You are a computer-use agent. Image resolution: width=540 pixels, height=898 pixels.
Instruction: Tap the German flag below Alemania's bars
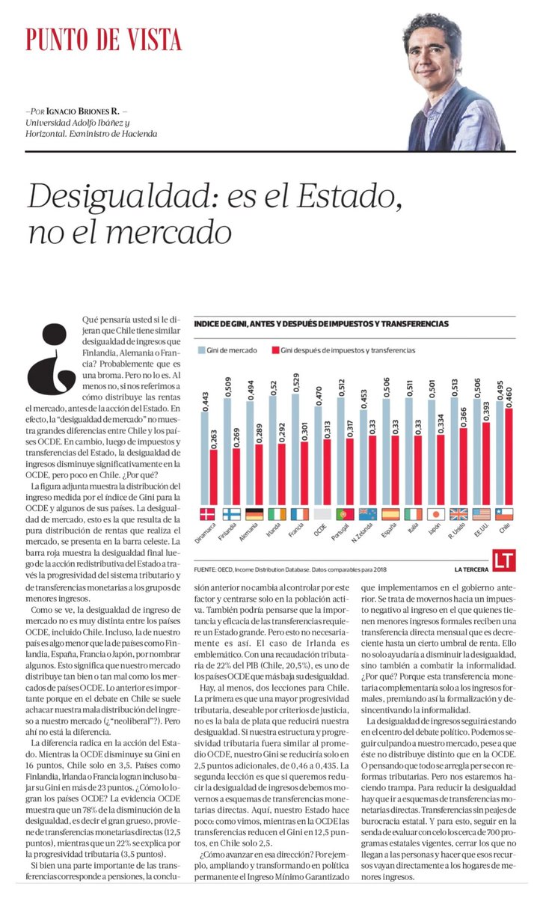click(254, 514)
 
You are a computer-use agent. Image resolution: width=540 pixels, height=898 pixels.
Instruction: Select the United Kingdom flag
click(458, 514)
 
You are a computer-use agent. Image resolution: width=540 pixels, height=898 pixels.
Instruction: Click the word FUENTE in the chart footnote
click(206, 567)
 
